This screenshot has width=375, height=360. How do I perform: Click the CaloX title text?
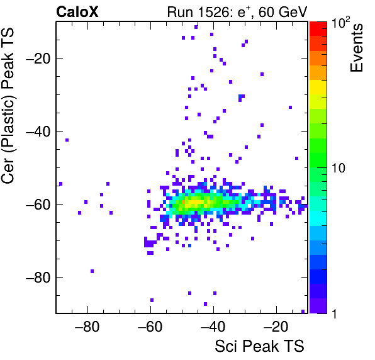77,12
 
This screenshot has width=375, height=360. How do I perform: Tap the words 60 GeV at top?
283,12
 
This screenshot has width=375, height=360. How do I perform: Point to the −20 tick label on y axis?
38,58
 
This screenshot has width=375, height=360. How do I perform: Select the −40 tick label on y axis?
38,131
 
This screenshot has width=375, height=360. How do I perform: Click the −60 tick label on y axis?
38,204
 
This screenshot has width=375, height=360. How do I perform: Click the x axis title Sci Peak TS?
259,346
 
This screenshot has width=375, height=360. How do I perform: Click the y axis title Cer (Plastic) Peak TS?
8,106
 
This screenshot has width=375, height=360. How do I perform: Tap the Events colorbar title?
356,48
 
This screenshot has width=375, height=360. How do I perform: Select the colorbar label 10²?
341,23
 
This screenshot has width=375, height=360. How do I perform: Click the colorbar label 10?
339,168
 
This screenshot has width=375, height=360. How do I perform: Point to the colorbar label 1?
334,314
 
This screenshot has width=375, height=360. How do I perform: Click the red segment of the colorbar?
318,29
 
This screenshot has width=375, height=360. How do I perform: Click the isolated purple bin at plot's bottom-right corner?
303,311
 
